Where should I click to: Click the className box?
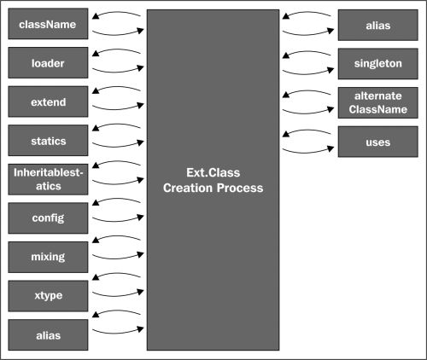(x=48, y=24)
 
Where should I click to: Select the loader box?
(x=48, y=63)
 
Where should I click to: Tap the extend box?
(x=48, y=102)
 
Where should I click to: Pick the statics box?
(x=48, y=141)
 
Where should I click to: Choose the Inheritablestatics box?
(x=48, y=179)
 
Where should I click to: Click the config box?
(x=48, y=218)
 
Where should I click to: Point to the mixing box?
(x=48, y=257)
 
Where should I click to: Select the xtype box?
(x=48, y=296)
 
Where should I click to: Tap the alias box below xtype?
(x=48, y=335)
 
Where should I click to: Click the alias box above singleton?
(x=378, y=25)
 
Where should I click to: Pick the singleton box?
(x=378, y=64)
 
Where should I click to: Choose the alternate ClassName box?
(x=378, y=102)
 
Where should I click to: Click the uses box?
(x=378, y=142)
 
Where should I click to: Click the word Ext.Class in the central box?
(x=213, y=172)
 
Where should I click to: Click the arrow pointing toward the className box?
(x=116, y=12)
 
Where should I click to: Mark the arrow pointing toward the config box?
(x=116, y=199)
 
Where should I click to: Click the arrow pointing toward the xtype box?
(x=116, y=274)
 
